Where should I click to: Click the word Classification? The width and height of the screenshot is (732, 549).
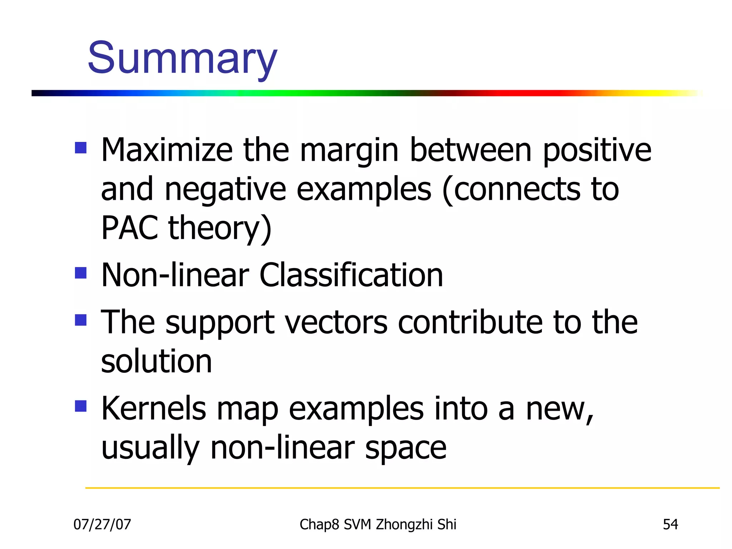(351, 275)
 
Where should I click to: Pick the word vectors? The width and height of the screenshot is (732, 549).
(336, 323)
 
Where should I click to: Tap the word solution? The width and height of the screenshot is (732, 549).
(157, 362)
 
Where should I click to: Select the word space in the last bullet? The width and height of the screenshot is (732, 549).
(405, 449)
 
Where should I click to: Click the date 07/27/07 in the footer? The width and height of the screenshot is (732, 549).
(102, 524)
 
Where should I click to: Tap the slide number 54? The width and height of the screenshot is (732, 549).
(670, 524)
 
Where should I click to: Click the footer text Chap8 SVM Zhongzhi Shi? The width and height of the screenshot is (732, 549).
(378, 524)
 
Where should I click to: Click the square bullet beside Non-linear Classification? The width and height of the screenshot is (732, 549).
(81, 273)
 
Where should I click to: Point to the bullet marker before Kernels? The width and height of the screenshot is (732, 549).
(81, 406)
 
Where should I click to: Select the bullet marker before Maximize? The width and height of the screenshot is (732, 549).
(81, 148)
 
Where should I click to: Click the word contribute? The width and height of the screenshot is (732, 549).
(470, 323)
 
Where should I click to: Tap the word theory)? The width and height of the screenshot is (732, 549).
(220, 229)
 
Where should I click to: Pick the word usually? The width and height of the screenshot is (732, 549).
(150, 449)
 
